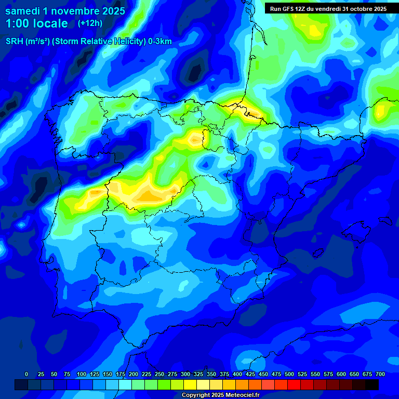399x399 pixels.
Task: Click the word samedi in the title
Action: tap(22, 11)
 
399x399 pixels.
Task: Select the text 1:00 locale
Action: tap(36, 23)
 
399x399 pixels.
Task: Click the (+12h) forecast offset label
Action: tap(90, 23)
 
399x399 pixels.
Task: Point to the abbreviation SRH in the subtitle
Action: tap(14, 42)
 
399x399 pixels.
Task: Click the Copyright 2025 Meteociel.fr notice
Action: tap(220, 395)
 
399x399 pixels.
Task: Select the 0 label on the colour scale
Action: tap(26, 374)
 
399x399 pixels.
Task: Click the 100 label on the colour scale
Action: tap(82, 374)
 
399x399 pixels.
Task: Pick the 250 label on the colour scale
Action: tap(159, 374)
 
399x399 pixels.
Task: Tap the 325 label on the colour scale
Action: tap(198, 374)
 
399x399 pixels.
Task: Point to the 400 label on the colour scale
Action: tap(237, 374)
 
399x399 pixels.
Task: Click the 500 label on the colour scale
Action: tap(289, 374)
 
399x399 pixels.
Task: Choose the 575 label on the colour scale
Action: tap(328, 374)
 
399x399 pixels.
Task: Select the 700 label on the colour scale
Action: tap(380, 374)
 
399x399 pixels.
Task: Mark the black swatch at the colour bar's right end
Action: tap(372, 384)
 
